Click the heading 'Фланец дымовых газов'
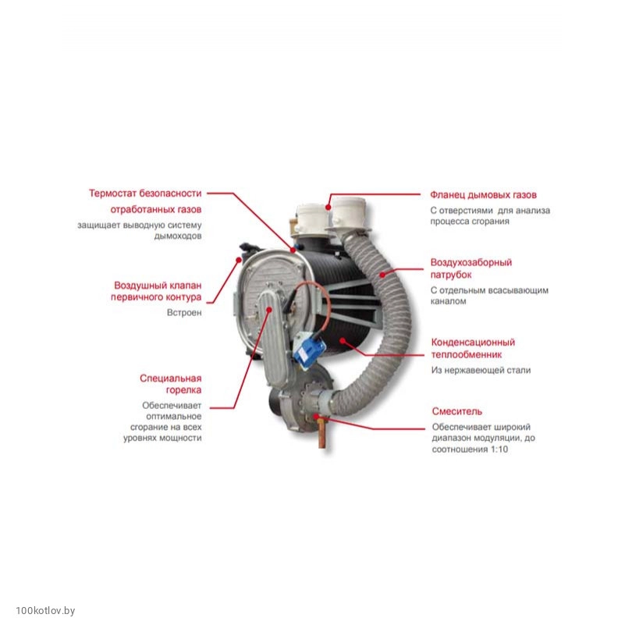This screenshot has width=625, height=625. click(483, 195)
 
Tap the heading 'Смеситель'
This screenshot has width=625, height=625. click(456, 411)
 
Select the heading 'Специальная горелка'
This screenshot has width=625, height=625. click(171, 384)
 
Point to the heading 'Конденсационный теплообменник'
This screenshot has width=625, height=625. click(473, 348)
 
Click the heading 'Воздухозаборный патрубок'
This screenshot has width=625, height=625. click(471, 268)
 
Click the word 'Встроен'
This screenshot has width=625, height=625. click(184, 313)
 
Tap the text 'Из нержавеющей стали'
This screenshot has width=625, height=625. click(481, 371)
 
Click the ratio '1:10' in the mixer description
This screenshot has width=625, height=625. click(499, 449)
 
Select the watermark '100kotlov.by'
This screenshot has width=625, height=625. click(45, 611)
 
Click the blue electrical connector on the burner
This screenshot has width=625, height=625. click(308, 349)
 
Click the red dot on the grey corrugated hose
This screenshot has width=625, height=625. click(382, 275)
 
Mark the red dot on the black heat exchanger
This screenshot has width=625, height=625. click(343, 340)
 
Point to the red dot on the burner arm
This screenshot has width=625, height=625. click(269, 310)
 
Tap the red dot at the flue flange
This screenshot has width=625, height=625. click(328, 208)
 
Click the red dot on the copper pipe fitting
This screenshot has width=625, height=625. click(317, 416)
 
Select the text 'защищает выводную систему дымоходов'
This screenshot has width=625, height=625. click(140, 230)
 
